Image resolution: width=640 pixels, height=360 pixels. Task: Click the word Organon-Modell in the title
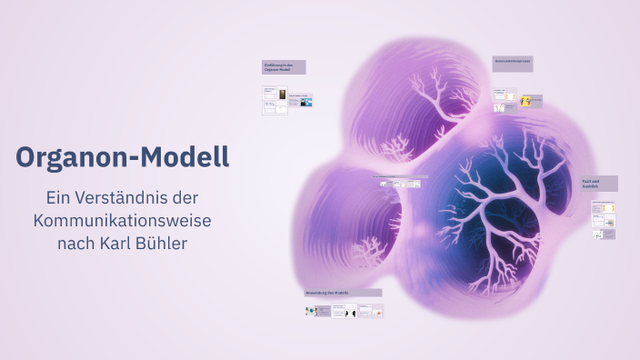[122, 157]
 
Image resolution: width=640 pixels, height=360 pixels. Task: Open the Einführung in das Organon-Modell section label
[284, 67]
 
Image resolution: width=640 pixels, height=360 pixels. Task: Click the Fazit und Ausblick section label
[598, 184]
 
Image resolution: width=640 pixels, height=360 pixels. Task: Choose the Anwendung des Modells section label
[343, 293]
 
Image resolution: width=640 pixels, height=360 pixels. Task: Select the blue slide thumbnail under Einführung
[306, 102]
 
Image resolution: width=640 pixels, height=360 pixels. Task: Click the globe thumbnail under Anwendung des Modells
[311, 310]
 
